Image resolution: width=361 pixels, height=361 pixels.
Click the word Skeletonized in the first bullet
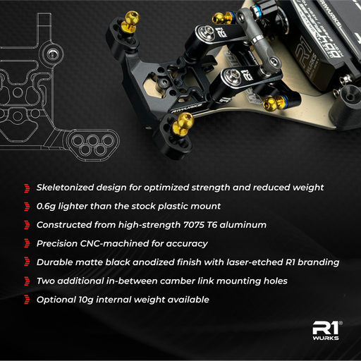pyautogui.click(x=65, y=188)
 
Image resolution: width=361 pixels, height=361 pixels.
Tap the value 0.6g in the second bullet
pyautogui.click(x=46, y=207)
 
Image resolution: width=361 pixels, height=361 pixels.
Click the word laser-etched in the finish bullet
pyautogui.click(x=255, y=262)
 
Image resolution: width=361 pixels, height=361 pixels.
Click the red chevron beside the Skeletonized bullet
pyautogui.click(x=27, y=188)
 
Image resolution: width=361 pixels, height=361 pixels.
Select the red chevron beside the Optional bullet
pyautogui.click(x=27, y=300)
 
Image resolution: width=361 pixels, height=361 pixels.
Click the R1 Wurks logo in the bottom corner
pyautogui.click(x=326, y=331)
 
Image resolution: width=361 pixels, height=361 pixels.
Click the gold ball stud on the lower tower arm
pyautogui.click(x=182, y=123)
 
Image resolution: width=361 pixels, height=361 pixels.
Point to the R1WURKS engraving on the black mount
pyautogui.click(x=186, y=108)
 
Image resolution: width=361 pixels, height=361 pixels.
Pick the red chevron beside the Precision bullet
pyautogui.click(x=27, y=243)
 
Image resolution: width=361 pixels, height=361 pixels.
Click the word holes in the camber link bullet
pyautogui.click(x=276, y=281)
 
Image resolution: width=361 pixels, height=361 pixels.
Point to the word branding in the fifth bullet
pyautogui.click(x=319, y=262)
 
